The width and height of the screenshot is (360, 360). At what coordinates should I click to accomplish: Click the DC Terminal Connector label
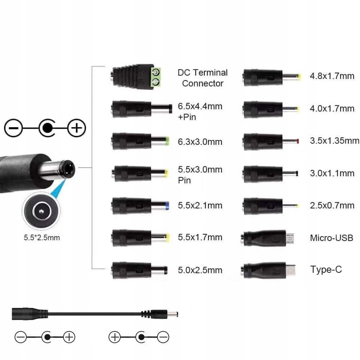pyautogui.click(x=202, y=78)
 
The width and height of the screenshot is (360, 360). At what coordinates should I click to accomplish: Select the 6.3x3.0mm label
pyautogui.click(x=200, y=142)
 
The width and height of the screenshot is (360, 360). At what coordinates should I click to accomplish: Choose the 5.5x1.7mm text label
pyautogui.click(x=200, y=237)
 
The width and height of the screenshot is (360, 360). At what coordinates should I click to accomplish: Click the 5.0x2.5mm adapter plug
pyautogui.click(x=140, y=269)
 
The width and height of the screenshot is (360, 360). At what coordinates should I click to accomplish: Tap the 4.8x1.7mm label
pyautogui.click(x=332, y=76)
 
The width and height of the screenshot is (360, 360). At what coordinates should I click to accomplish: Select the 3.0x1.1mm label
pyautogui.click(x=332, y=173)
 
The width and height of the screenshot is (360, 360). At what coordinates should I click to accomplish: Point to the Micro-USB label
pyautogui.click(x=331, y=238)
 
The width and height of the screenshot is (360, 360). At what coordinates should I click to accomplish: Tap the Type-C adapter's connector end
pyautogui.click(x=291, y=269)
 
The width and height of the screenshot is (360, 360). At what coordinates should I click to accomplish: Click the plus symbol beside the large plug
pyautogui.click(x=76, y=128)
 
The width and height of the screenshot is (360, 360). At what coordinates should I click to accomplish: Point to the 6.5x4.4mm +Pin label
pyautogui.click(x=200, y=111)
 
